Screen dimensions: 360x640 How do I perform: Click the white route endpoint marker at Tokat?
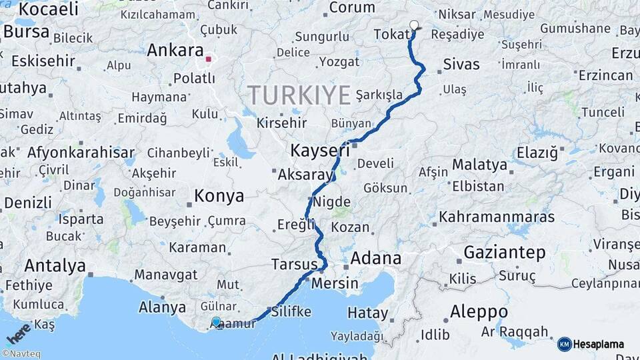click(x=414, y=26)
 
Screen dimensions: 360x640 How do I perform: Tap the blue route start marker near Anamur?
click(x=216, y=322)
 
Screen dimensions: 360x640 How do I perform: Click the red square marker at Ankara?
click(x=209, y=59)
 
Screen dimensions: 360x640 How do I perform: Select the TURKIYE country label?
click(x=299, y=95)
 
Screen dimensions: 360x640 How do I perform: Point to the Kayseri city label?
click(x=320, y=150)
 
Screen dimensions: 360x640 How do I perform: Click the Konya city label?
click(x=219, y=196)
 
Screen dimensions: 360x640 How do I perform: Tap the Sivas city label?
click(x=461, y=65)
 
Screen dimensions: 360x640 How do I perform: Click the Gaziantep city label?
click(x=505, y=253)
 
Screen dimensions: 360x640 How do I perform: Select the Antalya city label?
click(x=55, y=265)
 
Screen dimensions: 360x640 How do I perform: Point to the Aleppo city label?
click(x=479, y=311)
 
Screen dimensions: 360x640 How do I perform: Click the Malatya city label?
click(x=479, y=165)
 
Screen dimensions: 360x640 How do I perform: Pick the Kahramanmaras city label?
click(x=497, y=217)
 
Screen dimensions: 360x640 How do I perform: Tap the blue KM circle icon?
click(x=565, y=345)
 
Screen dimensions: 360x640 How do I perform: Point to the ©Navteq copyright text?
click(x=21, y=354)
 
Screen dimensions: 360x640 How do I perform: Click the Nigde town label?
click(x=331, y=201)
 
